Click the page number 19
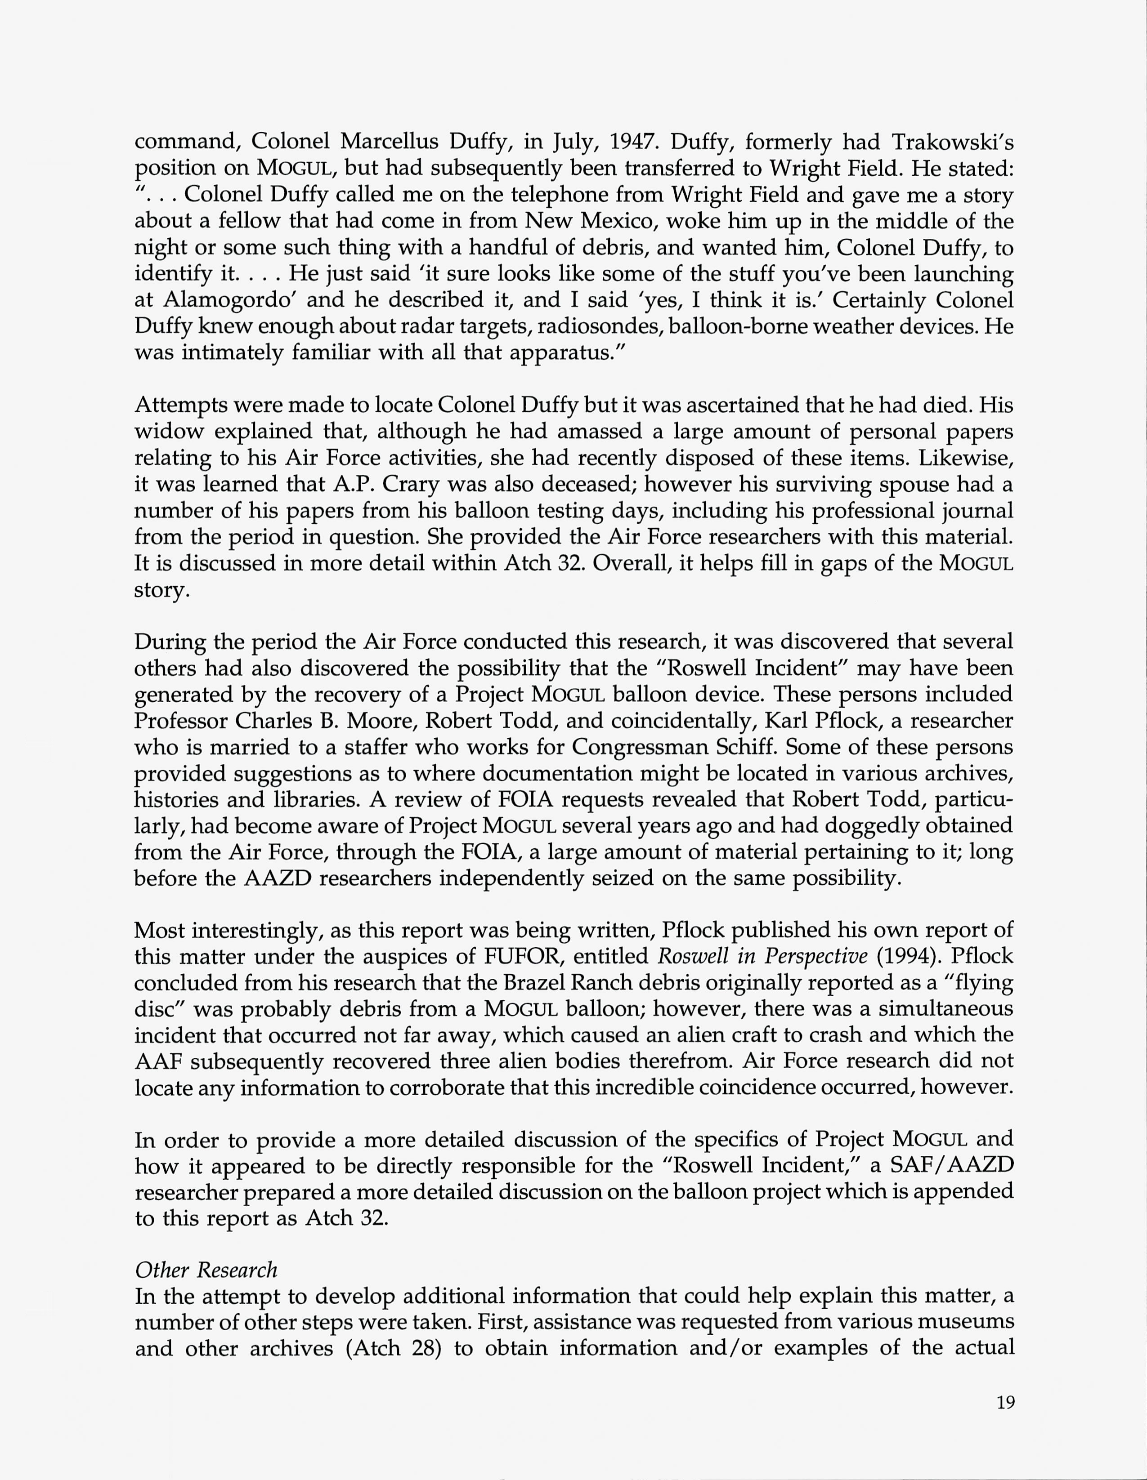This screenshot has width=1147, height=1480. click(x=1005, y=1402)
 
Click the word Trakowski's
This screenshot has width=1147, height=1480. click(x=952, y=141)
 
